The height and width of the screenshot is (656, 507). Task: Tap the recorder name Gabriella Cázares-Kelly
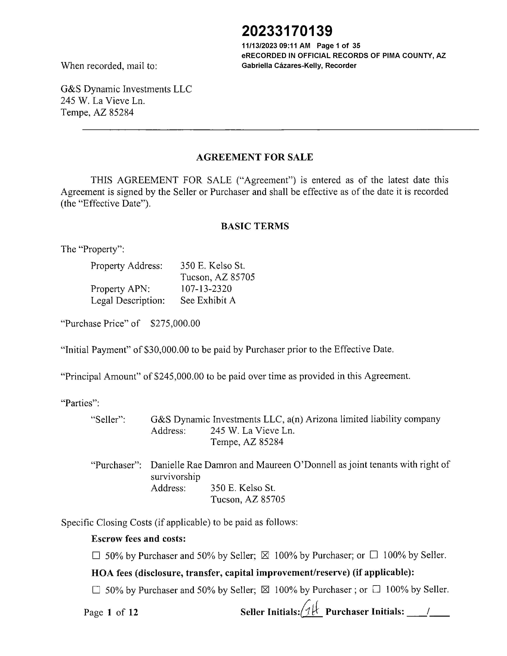282,66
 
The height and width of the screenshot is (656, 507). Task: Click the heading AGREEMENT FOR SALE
254,157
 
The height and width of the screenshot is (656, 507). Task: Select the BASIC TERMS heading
255,226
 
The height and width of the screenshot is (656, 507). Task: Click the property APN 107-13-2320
206,289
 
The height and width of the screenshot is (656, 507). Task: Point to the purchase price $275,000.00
175,323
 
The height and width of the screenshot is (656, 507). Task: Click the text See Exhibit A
208,300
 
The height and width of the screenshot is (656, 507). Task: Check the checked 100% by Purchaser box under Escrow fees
265,555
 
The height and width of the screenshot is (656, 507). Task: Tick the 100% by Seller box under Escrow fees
374,555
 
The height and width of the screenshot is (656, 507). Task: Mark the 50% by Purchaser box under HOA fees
96,590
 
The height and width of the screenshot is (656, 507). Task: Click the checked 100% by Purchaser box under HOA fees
265,590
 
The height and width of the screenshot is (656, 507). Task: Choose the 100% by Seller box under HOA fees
376,589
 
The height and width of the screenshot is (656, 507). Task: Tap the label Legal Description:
128,300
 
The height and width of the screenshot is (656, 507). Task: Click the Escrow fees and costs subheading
138,539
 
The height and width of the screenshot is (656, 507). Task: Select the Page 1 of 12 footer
111,612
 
